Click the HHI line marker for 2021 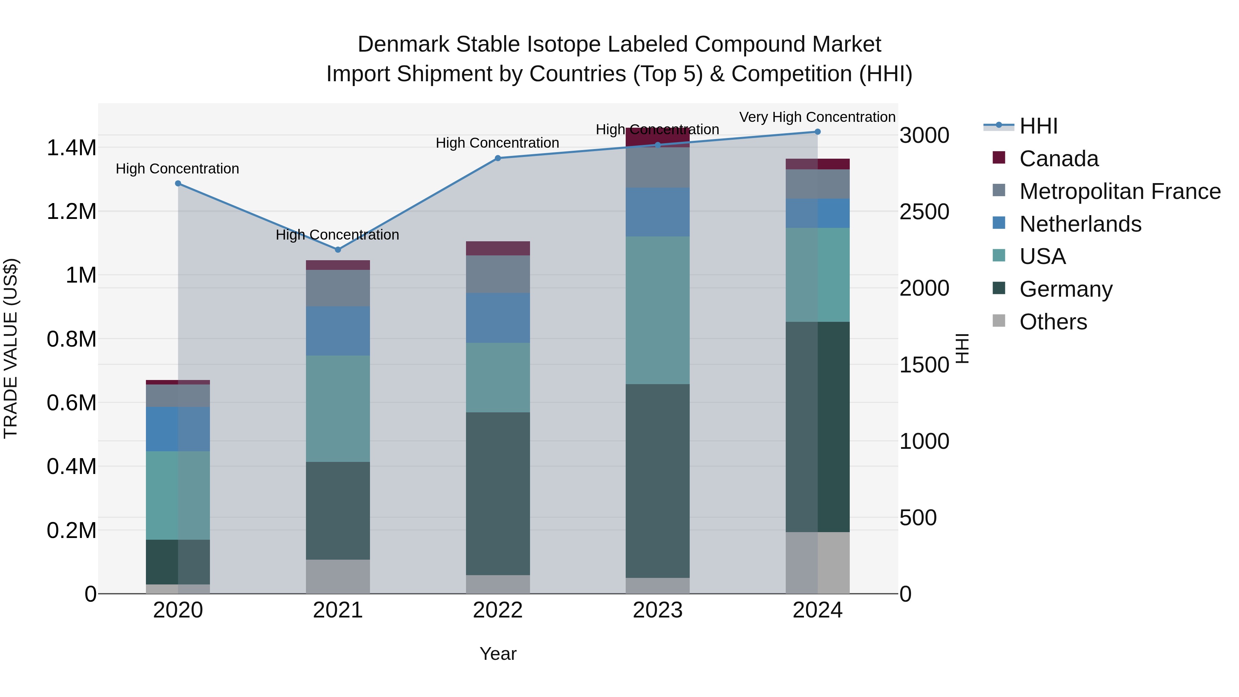(338, 250)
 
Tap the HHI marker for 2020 (178, 183)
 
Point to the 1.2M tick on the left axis (71, 212)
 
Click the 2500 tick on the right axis (924, 212)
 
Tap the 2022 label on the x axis (497, 610)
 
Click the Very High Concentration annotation (817, 117)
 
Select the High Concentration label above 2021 (337, 235)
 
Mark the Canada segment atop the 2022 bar (498, 248)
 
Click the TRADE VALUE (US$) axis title (11, 348)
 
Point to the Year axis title (498, 654)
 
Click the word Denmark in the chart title (403, 44)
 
